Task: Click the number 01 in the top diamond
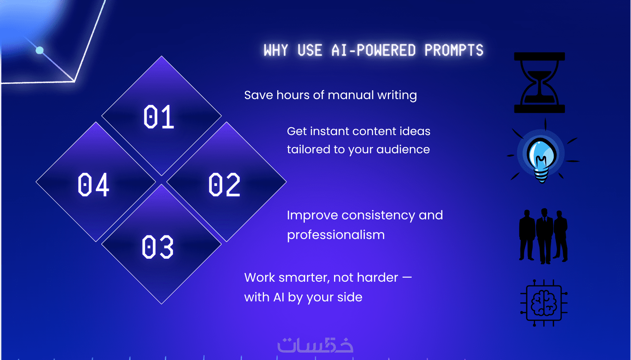[x=158, y=117]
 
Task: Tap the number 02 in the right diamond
[x=224, y=184]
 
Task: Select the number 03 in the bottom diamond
[x=157, y=247]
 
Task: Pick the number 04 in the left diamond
[x=93, y=184]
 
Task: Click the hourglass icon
[x=539, y=82]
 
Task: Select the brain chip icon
[x=544, y=303]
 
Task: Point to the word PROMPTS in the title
[x=454, y=50]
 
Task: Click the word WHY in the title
[x=276, y=50]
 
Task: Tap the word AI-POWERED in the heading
[x=373, y=50]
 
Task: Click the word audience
[x=403, y=149]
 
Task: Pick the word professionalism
[x=336, y=235]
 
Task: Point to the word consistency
[x=378, y=216]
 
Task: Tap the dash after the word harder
[x=407, y=277]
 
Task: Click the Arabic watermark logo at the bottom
[x=315, y=345]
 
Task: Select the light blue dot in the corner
[x=40, y=50]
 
